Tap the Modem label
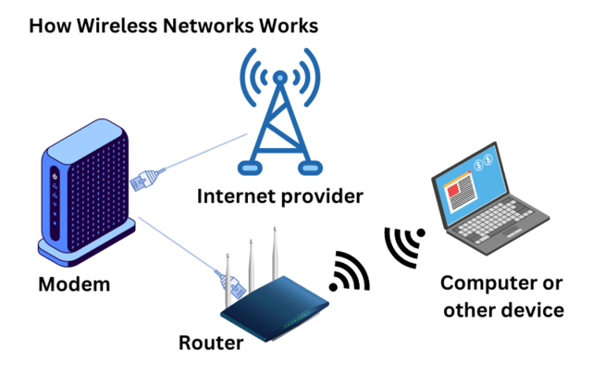(74, 284)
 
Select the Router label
(211, 344)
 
